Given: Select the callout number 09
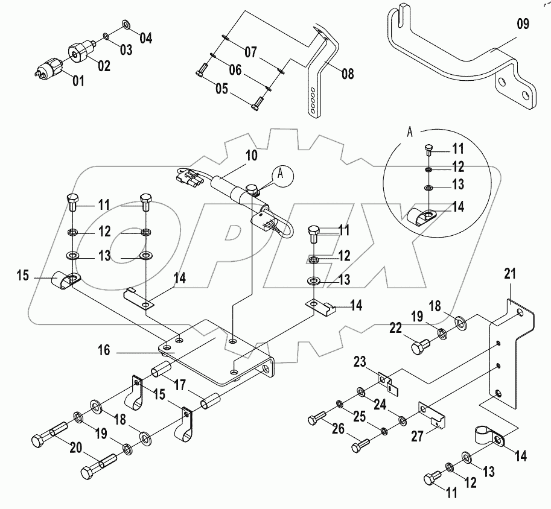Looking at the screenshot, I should (x=523, y=25).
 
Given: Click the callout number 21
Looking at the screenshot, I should (x=511, y=274).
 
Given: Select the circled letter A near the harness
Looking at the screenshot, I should (x=280, y=172).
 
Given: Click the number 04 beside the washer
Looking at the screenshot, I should (x=145, y=39).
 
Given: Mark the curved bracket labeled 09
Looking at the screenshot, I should (x=459, y=66).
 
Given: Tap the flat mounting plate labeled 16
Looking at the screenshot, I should (x=217, y=356).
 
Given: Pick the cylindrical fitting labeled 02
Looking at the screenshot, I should (x=81, y=54).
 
